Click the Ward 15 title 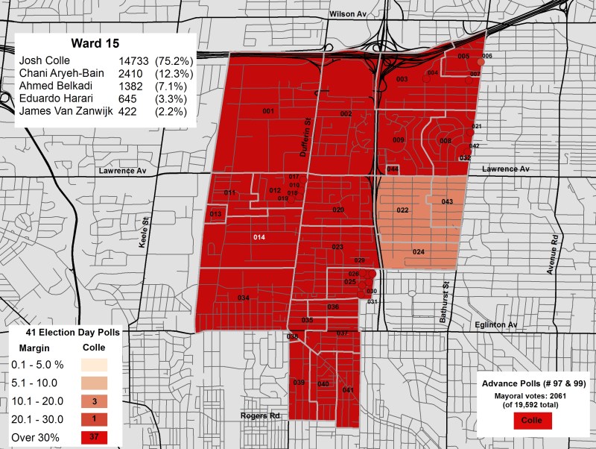102,43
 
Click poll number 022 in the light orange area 402,211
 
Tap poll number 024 418,252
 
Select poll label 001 268,111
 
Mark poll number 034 243,298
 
